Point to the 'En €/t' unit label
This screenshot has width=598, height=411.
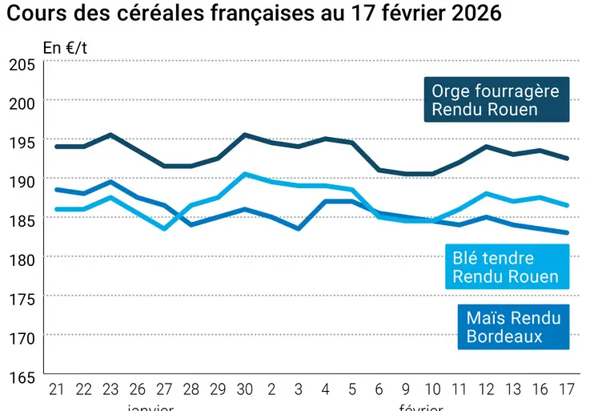pos(66,47)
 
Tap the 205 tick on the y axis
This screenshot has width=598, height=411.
pos(22,65)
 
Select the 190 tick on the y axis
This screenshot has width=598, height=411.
pos(22,181)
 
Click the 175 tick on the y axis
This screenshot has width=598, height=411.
pos(22,299)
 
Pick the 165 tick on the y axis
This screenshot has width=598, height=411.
pos(22,377)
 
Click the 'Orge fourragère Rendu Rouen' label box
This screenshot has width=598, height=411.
pos(496,100)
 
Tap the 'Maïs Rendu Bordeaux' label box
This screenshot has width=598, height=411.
pos(513,328)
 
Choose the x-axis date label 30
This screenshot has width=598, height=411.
pos(244,390)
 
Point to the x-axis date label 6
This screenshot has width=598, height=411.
pos(378,390)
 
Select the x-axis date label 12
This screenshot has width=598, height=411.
pos(486,390)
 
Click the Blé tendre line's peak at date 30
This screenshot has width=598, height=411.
pos(244,174)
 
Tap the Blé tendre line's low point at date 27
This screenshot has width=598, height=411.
pos(163,228)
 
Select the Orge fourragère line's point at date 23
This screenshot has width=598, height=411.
pos(110,135)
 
